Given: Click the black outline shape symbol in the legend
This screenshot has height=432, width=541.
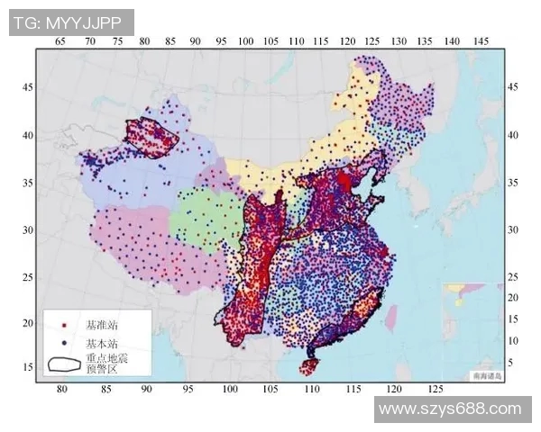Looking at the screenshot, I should tap(62, 363).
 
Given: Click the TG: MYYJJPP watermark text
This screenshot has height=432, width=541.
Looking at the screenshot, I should tap(71, 22).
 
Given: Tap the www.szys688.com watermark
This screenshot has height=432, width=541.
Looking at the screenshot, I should tap(450, 409).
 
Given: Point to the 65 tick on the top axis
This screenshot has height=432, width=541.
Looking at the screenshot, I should tap(61, 40).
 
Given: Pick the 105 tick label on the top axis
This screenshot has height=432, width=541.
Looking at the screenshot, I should tap(270, 40).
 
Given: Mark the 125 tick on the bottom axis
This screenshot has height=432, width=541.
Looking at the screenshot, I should tap(435, 389).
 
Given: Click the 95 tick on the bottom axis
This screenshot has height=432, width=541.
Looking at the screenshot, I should tap(188, 389).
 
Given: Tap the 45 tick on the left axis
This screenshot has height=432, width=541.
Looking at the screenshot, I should tap(27, 86).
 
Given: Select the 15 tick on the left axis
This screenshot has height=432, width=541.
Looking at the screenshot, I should tap(27, 366).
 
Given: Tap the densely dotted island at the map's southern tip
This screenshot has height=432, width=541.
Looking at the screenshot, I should tap(308, 365).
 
